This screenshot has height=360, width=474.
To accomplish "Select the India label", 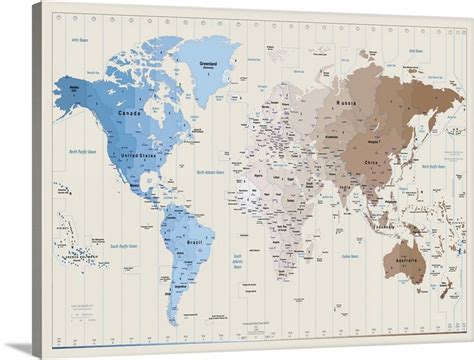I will click(345, 185).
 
